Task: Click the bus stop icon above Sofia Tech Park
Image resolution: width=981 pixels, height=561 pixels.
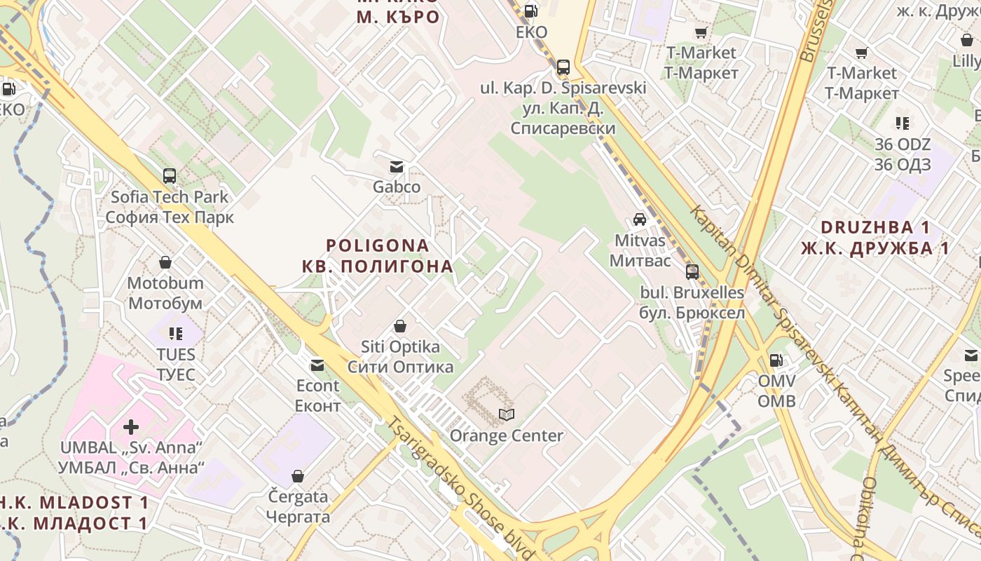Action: pos(170,175)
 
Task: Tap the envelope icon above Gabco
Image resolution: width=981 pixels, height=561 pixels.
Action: pos(397,167)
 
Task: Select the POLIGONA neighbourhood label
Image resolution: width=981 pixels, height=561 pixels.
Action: pos(378,245)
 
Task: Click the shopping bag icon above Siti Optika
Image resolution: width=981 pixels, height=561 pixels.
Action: pos(400,326)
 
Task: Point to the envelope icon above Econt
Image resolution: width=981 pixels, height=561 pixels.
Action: pos(317,365)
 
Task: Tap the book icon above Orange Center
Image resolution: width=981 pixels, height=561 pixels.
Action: pos(507,414)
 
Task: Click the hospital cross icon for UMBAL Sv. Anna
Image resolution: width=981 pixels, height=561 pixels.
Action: pos(131,426)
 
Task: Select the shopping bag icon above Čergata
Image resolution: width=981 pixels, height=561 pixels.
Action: pos(298,476)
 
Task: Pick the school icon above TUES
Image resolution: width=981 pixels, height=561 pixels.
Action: pos(176,334)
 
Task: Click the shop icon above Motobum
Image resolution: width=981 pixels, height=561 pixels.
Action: pos(165,262)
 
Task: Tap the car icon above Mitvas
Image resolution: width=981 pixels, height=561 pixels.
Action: pos(640,219)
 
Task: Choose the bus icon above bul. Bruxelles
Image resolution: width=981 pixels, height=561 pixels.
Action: pos(692,271)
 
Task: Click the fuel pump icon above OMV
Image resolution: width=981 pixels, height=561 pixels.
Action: pos(776,360)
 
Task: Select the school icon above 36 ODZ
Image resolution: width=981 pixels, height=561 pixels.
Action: pos(903,124)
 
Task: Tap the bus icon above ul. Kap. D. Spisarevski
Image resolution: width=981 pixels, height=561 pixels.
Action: pos(563,67)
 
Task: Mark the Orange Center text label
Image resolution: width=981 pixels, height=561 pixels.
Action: pos(507,435)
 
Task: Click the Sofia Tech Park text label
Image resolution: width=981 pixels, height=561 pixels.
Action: pos(170,196)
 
